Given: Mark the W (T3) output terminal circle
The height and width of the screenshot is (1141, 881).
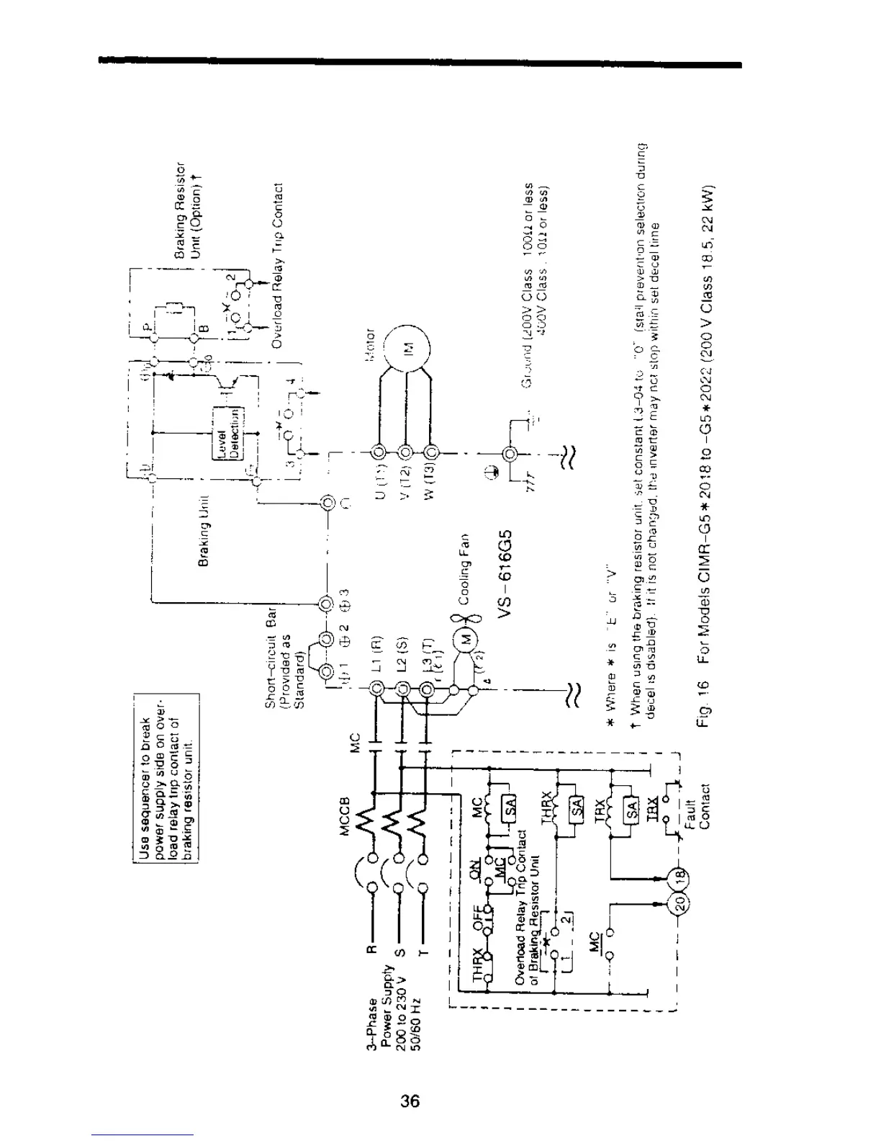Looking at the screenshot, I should [x=431, y=453].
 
